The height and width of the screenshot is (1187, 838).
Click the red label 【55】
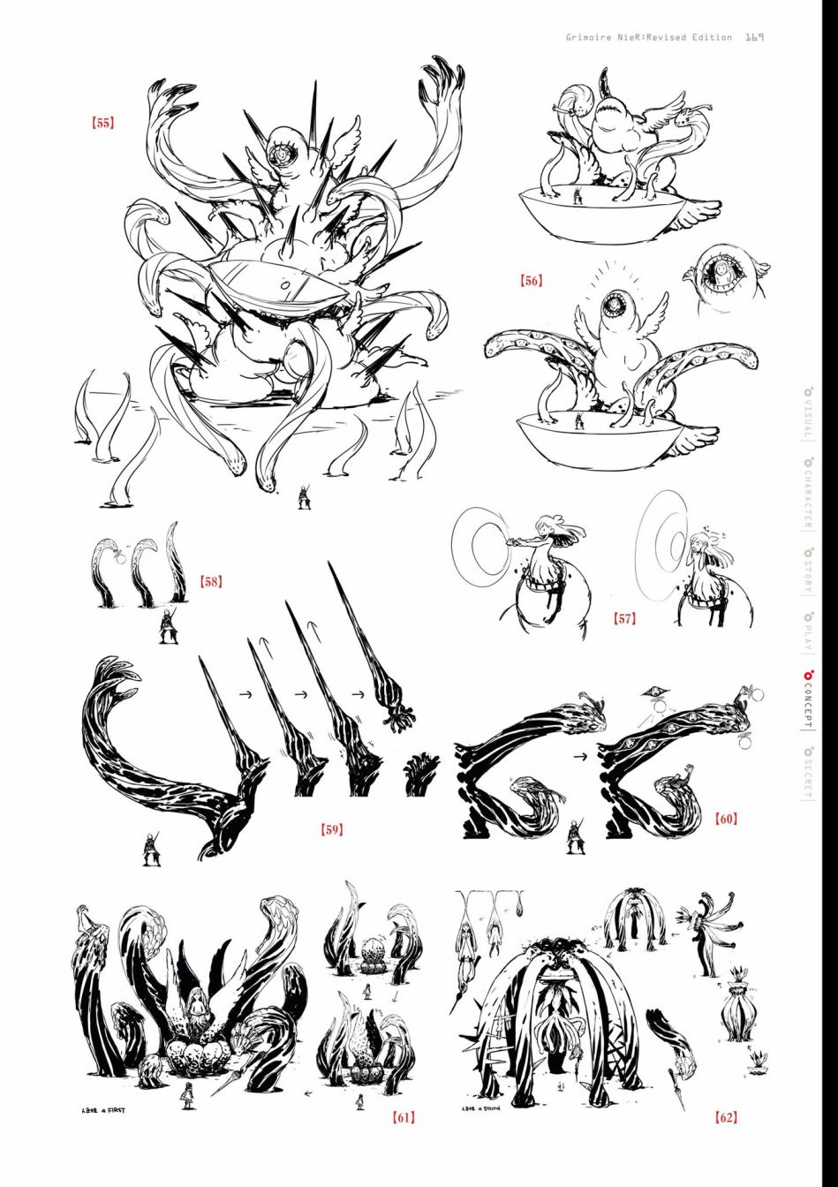coord(102,124)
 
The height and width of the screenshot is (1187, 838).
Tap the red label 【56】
coord(532,281)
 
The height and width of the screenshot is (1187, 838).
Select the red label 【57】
coord(624,619)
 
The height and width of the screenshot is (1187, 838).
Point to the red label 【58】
coord(210,582)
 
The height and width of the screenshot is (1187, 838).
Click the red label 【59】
coord(331,829)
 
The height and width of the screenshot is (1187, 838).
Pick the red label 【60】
coord(726,819)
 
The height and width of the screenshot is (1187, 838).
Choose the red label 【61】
coord(403,1117)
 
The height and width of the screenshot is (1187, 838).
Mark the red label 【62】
coord(726,1117)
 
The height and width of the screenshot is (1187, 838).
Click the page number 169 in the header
coord(753,37)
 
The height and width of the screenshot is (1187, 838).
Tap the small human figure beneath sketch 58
coord(165,625)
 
